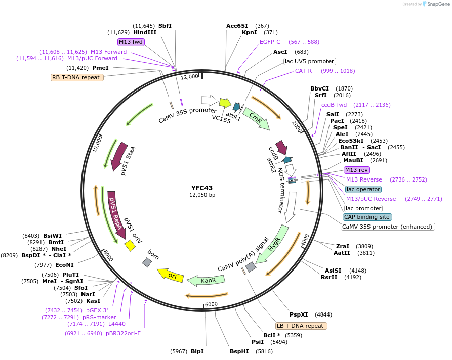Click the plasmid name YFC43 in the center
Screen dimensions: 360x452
202,188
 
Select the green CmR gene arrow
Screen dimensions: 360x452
255,121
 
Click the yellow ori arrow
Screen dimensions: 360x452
171,275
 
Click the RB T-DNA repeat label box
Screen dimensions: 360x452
77,77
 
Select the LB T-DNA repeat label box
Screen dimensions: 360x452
301,326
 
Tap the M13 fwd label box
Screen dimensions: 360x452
131,42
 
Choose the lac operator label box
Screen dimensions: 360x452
363,189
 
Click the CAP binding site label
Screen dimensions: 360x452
367,217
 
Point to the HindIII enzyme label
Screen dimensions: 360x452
145,32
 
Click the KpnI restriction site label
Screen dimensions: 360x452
250,32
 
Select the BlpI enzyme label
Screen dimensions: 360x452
197,351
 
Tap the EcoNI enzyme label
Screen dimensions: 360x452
64,264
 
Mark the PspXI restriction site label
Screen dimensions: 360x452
299,314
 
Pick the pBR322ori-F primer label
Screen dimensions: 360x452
123,333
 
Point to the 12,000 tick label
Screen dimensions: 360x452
190,76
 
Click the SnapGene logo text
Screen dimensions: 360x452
435,4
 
